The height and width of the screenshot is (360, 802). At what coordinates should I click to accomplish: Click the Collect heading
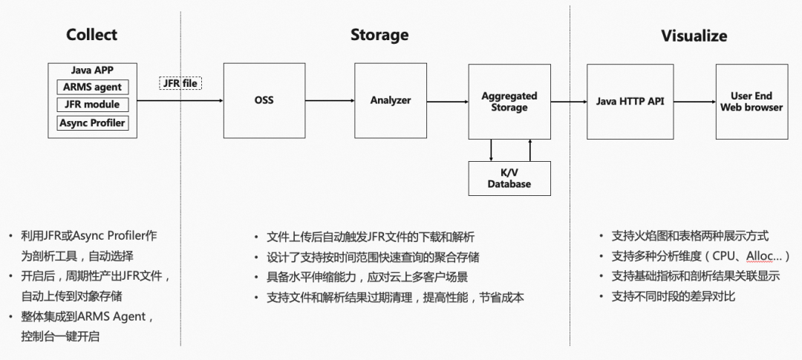(91, 35)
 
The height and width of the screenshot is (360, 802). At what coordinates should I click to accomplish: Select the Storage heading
(379, 35)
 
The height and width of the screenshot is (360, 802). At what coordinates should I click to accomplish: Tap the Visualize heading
(694, 36)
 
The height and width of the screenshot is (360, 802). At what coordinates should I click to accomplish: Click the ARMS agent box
(92, 87)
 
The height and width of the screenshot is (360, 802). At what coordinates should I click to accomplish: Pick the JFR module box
(92, 105)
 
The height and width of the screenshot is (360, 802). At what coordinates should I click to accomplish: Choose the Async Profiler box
(92, 123)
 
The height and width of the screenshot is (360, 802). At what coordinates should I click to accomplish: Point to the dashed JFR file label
(180, 83)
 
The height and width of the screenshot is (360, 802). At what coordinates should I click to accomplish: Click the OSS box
(264, 100)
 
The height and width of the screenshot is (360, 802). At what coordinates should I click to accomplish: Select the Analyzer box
(391, 100)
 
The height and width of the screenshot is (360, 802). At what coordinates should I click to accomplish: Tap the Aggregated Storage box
(509, 102)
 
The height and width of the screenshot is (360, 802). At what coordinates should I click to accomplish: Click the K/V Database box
(509, 178)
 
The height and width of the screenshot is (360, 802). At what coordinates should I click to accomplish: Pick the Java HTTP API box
(630, 101)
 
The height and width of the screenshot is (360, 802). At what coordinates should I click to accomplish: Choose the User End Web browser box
(752, 102)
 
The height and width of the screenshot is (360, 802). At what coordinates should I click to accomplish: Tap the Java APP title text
(92, 71)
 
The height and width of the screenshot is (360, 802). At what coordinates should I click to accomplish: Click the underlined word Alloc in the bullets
(763, 256)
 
